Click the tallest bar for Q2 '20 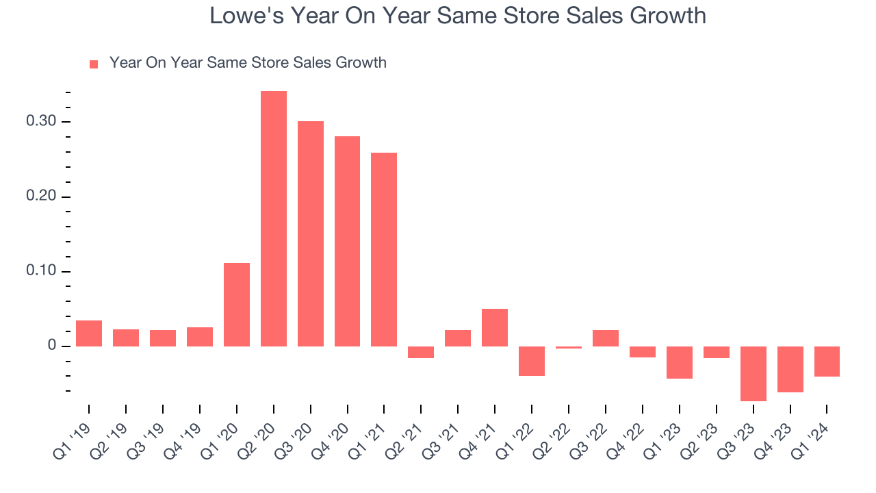coord(274,218)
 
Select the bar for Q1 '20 coord(237,305)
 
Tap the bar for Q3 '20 coord(311,233)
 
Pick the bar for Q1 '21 coord(384,249)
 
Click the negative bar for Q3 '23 coord(753,373)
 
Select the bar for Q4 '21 coord(495,327)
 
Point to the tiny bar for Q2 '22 coord(569,348)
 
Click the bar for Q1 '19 coord(89,333)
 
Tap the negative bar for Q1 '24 coord(827,362)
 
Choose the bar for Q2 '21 coord(421,352)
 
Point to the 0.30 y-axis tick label coord(43,122)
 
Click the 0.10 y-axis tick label coord(43,272)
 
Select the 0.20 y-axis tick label coord(43,197)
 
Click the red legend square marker coord(94,64)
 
